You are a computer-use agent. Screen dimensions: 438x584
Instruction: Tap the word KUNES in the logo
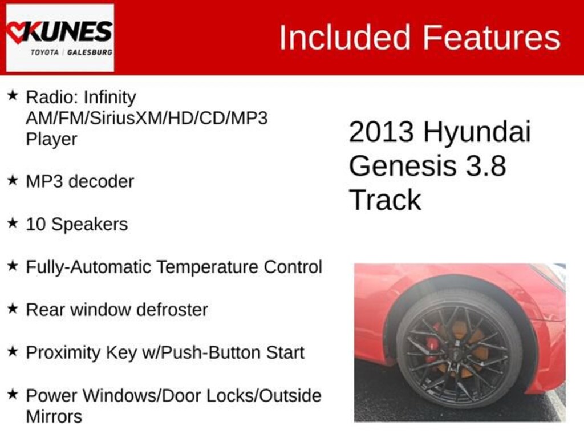tap(69, 31)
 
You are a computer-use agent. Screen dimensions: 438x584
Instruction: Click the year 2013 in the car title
tap(381, 132)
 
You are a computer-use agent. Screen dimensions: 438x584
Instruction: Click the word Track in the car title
tap(385, 200)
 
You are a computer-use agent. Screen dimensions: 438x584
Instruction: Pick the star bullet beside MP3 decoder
tap(13, 181)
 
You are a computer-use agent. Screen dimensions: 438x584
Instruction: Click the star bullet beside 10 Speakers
tap(13, 223)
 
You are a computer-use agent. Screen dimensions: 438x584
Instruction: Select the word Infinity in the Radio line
tap(109, 98)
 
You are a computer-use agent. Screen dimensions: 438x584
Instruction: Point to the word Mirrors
tap(54, 416)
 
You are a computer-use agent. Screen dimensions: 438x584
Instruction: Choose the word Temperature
tap(208, 267)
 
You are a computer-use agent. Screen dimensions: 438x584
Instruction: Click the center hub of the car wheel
tap(456, 349)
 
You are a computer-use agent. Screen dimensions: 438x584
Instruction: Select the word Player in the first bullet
tap(51, 140)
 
